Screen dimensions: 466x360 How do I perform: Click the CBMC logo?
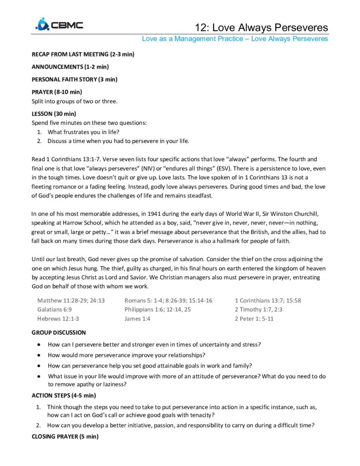click(x=59, y=25)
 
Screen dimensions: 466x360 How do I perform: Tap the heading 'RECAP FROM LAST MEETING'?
click(x=82, y=55)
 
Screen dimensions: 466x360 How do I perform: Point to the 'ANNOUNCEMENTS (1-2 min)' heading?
click(x=70, y=67)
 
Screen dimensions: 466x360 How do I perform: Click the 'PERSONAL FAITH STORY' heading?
click(x=74, y=79)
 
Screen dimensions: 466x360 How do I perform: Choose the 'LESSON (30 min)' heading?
click(x=54, y=113)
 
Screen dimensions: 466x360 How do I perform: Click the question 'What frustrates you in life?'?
click(x=83, y=132)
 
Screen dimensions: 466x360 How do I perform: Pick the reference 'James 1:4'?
click(x=137, y=319)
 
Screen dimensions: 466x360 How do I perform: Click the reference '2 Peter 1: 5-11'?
click(x=254, y=319)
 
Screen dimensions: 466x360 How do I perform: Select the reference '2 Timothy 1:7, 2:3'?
click(x=259, y=309)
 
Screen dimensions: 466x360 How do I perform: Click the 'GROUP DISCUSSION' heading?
click(x=58, y=333)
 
